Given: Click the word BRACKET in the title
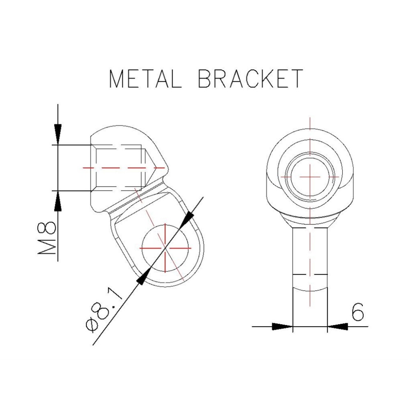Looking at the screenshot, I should point(250,79).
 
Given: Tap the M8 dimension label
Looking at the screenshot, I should point(47,238).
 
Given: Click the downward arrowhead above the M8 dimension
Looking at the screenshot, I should point(58,134).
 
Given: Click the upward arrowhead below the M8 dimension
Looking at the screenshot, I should point(58,202).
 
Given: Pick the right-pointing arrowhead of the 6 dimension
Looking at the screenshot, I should point(283,327).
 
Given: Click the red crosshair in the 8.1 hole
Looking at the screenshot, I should point(165,248).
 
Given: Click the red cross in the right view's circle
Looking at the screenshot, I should point(310,176).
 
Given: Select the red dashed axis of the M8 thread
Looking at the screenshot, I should point(119,168).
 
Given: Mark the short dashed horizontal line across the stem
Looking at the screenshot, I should point(310,274).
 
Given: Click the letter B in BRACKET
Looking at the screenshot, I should point(205,79).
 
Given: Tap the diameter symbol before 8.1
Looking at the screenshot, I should point(92,324).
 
